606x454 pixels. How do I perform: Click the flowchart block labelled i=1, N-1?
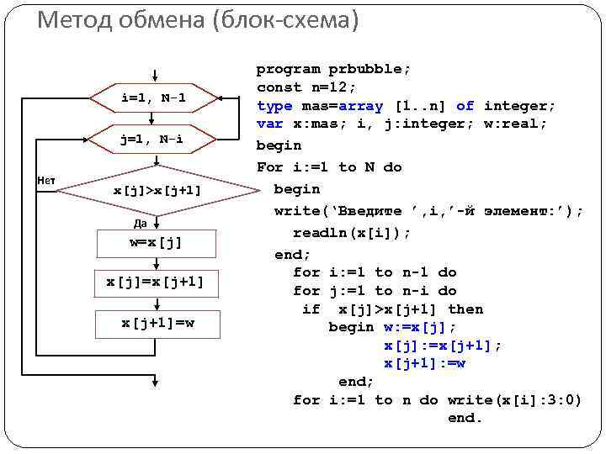153,98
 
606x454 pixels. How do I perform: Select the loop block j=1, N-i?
153,140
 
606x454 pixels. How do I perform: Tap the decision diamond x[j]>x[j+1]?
157,190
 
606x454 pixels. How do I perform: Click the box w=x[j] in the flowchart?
156,243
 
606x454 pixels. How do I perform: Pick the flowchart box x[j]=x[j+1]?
156,282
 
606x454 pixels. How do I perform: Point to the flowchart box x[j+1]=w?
157,322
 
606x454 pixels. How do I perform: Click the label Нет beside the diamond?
45,179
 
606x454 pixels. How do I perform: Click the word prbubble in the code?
369,69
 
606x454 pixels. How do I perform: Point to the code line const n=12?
306,87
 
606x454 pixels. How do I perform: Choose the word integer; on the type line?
519,106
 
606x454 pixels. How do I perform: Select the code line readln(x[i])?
352,232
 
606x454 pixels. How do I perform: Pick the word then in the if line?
465,309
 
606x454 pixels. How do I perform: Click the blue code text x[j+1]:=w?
424,363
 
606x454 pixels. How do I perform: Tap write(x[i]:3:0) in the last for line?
514,400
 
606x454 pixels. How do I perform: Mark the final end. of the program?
465,418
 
